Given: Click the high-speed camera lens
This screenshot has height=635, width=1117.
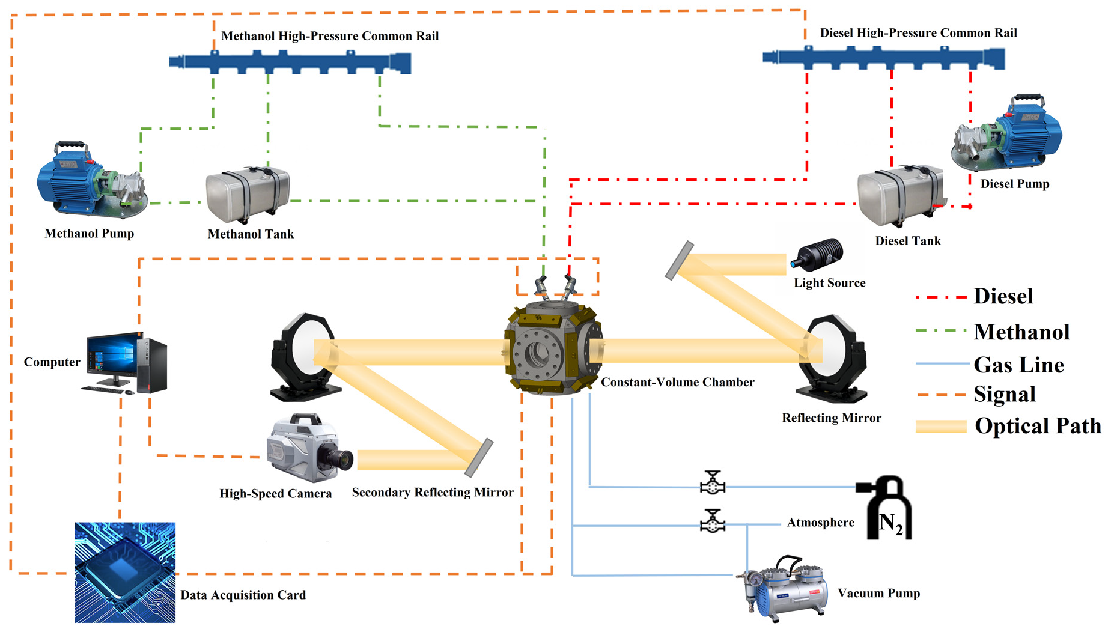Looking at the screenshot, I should [342, 458].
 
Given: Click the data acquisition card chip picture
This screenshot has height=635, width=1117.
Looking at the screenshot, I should [125, 572].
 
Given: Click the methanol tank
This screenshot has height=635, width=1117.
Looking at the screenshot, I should [248, 193].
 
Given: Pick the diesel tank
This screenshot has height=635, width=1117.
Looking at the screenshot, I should [899, 195].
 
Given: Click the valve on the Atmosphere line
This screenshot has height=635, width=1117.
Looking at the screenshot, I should [713, 522].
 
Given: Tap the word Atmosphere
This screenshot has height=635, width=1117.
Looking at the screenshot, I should [820, 523].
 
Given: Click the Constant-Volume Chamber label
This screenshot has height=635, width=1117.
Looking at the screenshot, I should [677, 383].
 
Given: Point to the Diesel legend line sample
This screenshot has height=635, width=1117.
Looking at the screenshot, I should [941, 297].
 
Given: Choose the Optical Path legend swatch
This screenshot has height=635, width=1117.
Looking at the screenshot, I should [941, 427].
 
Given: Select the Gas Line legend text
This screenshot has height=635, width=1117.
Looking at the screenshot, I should [1018, 365].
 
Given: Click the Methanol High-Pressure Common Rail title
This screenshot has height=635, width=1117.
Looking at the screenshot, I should [330, 36].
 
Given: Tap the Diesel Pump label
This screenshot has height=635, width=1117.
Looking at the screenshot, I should [1014, 184].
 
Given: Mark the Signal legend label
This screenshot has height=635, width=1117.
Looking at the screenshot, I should [1005, 395].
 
